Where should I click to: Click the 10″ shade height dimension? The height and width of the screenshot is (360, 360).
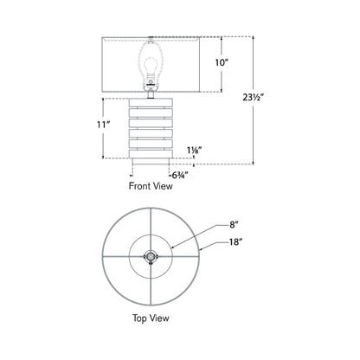click(x=222, y=62)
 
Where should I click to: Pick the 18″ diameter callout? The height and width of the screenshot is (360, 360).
click(x=235, y=245)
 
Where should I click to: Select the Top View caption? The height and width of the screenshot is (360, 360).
click(x=151, y=318)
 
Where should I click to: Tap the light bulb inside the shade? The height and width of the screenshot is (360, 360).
click(x=152, y=63)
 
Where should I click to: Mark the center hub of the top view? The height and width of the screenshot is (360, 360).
click(x=151, y=256)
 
